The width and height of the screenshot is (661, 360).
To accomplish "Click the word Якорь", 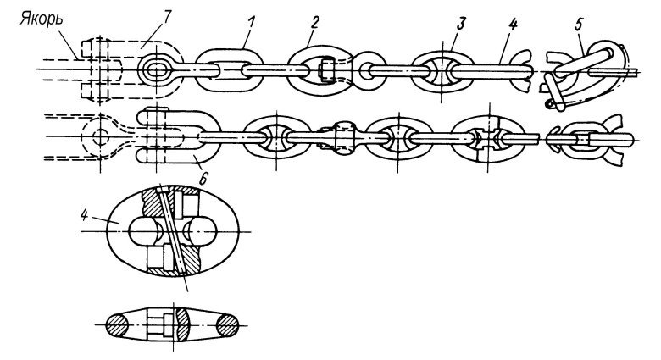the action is click(x=42, y=19).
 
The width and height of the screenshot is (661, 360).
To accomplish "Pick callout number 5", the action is click(x=578, y=25).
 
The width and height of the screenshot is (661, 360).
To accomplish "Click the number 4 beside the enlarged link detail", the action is click(x=84, y=215).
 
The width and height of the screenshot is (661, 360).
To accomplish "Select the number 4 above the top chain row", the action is click(x=512, y=24).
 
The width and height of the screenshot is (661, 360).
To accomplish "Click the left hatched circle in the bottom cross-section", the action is click(x=117, y=325).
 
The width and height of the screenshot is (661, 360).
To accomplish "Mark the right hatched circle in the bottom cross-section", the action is click(x=228, y=325).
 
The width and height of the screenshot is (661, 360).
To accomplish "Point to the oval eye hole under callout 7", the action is click(x=157, y=70).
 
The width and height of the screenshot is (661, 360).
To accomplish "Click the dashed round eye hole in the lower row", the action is click(x=100, y=136).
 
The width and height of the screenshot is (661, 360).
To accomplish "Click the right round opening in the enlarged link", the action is click(x=200, y=232).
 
